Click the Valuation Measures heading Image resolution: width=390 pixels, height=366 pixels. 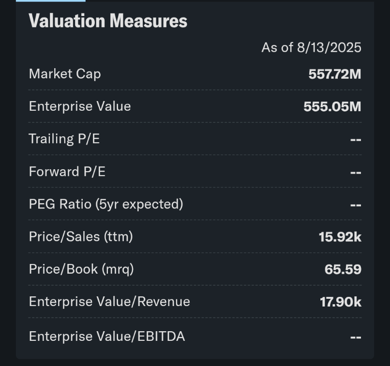click(x=107, y=21)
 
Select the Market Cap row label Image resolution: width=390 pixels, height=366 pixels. click(x=65, y=74)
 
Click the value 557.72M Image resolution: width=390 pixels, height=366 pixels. click(x=335, y=74)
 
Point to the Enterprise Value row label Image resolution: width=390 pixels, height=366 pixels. click(x=80, y=106)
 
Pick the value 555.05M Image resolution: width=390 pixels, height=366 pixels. click(x=332, y=106)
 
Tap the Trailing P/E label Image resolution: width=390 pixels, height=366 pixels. click(x=64, y=139)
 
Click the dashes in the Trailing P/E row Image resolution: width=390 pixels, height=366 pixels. click(x=356, y=140)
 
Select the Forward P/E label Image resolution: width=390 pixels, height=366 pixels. click(x=67, y=172)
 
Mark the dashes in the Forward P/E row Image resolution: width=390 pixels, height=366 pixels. click(x=356, y=172)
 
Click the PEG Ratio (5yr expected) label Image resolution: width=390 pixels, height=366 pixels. click(x=106, y=204)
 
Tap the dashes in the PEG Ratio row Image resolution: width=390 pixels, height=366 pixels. click(x=356, y=205)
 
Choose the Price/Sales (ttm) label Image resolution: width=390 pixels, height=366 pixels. click(x=81, y=236)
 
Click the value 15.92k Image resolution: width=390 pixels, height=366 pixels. click(x=340, y=237)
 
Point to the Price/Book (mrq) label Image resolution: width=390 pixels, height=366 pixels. click(x=81, y=269)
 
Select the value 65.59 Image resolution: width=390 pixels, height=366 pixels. click(x=343, y=269)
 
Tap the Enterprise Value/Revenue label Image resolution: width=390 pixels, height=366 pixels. click(x=109, y=302)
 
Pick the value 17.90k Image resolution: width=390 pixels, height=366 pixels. click(x=340, y=302)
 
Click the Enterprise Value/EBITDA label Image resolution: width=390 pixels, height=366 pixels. click(x=107, y=336)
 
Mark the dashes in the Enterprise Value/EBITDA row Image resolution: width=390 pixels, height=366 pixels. click(x=356, y=337)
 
